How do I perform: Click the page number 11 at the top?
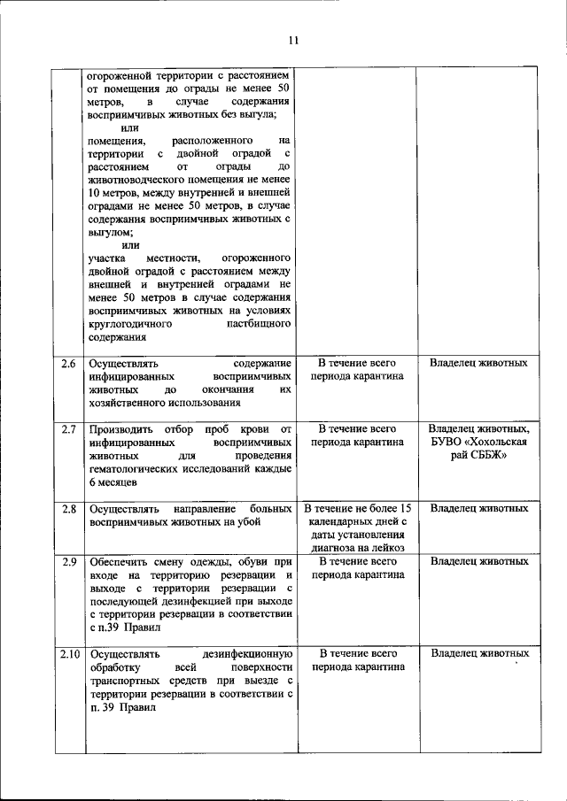point(293,39)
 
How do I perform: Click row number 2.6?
point(67,364)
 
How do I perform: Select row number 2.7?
point(67,430)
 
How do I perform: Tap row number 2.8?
point(67,509)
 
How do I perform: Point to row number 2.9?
point(67,561)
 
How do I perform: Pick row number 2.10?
point(69,654)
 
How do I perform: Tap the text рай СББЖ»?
point(479,456)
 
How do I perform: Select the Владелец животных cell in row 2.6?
point(479,364)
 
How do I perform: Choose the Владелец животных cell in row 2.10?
point(479,654)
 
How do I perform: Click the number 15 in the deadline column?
point(404,509)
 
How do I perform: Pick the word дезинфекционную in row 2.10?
point(246,654)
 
